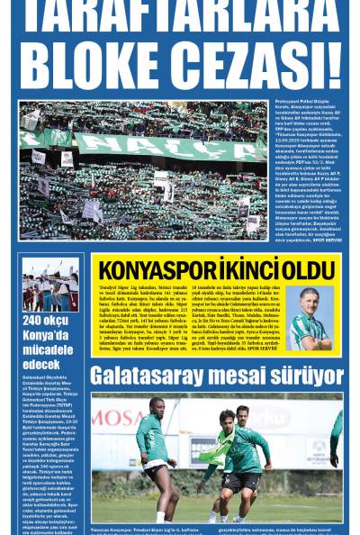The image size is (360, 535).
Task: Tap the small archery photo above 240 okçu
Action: click(50, 284)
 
